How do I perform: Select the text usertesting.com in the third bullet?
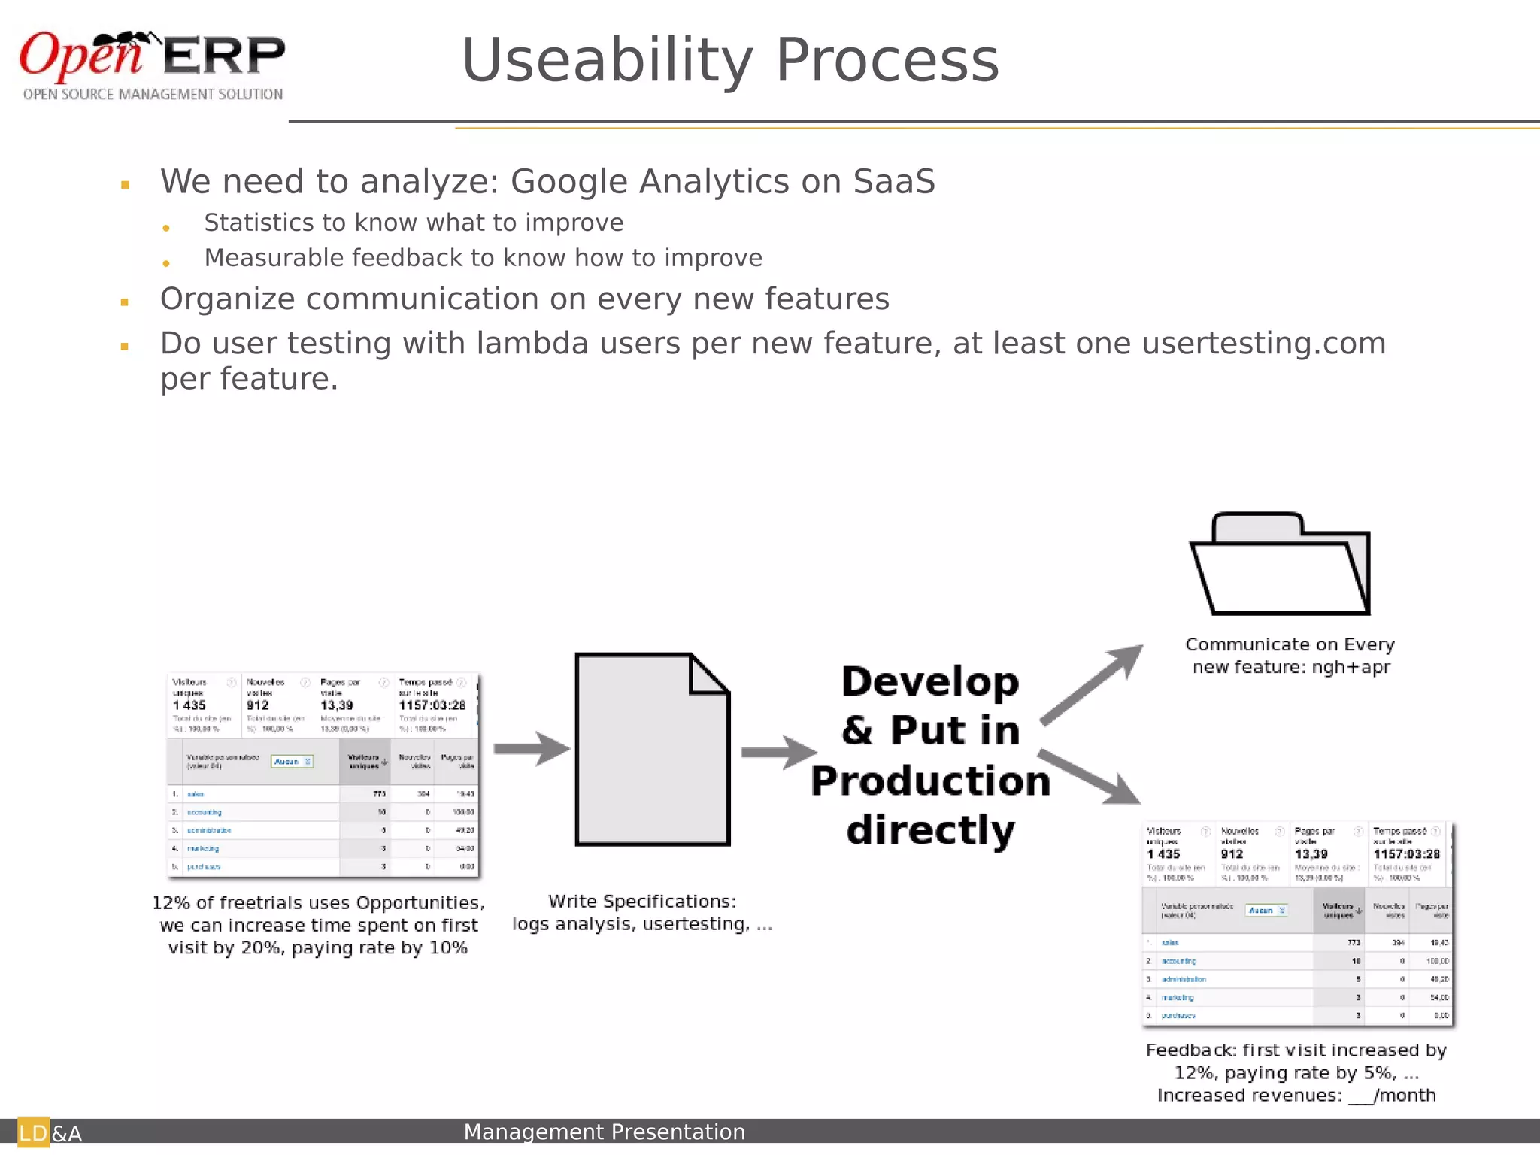click(1263, 344)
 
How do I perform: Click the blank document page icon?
click(652, 750)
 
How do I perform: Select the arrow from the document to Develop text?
click(778, 752)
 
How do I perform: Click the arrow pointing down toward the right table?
click(1090, 777)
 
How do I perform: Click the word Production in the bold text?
click(930, 781)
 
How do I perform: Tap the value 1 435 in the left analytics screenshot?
click(189, 705)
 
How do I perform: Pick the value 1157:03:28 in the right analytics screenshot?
click(1406, 854)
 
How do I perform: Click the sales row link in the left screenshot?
click(196, 794)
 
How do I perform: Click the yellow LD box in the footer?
click(33, 1132)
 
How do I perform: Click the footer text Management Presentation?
click(604, 1132)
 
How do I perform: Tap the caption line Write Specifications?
click(641, 902)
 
